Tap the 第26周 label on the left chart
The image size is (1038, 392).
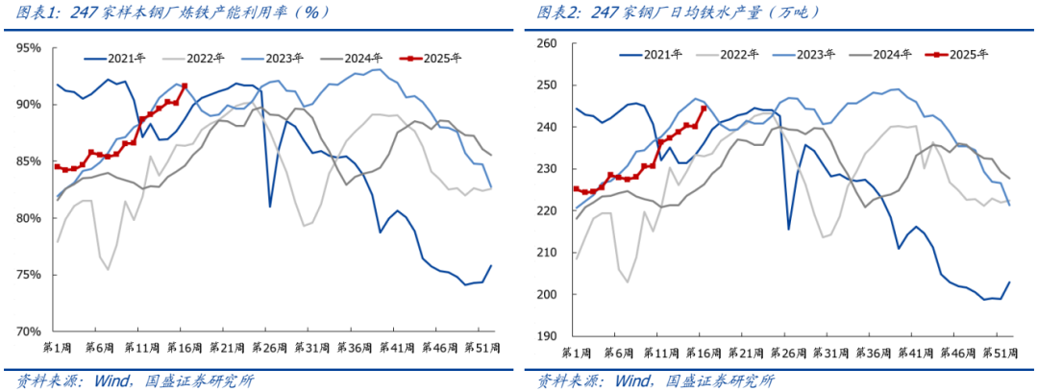(x=270, y=347)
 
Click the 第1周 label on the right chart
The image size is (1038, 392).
(x=578, y=352)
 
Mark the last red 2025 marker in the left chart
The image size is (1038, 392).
(x=184, y=86)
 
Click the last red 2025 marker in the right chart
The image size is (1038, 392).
(x=704, y=109)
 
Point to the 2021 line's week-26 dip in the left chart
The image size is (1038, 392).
(x=270, y=206)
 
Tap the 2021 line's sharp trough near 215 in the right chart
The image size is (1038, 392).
(x=789, y=229)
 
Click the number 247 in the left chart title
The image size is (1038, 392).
(x=87, y=12)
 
